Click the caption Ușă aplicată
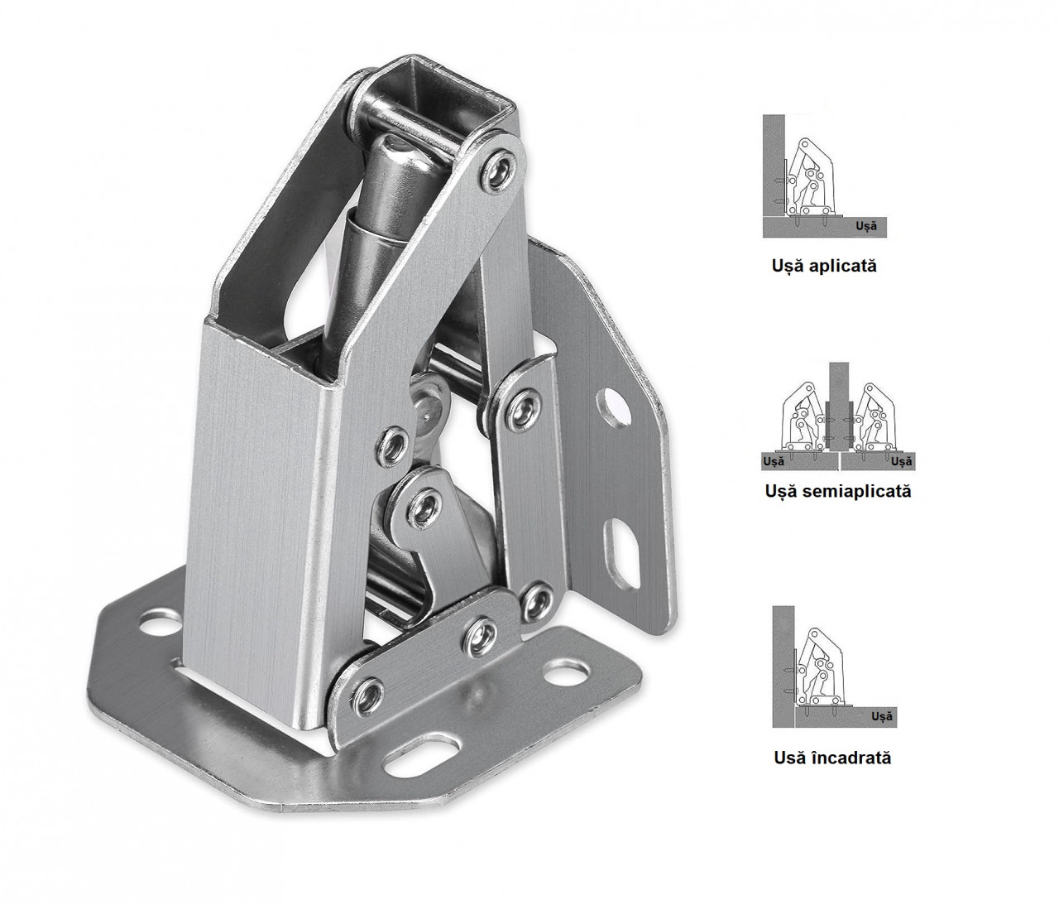[x=824, y=266]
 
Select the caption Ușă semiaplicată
[x=838, y=491]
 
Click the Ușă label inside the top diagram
[x=866, y=225]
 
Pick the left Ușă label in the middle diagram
[x=774, y=461]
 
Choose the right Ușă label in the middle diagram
[x=901, y=461]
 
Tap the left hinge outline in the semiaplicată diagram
[x=804, y=416]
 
